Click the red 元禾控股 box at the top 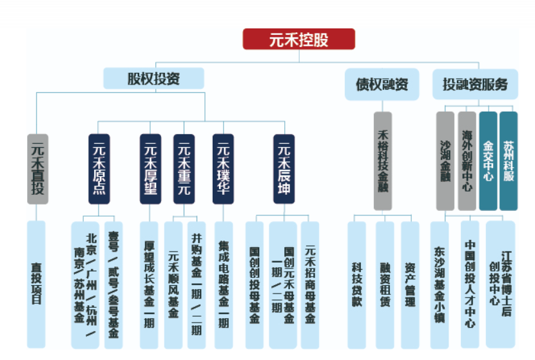(x=299, y=39)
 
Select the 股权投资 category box (x=154, y=78)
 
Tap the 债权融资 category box (x=382, y=84)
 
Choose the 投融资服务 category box (x=475, y=84)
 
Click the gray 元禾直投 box (x=37, y=169)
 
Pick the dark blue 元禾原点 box (x=99, y=169)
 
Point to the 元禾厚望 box (x=150, y=169)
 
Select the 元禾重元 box (x=184, y=169)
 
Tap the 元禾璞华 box (x=223, y=169)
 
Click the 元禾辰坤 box (x=284, y=169)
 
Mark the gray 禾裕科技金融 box (x=383, y=161)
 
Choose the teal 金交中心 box (x=488, y=161)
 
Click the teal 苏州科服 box (x=509, y=161)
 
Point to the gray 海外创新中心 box (x=467, y=161)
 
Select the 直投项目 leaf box (x=36, y=284)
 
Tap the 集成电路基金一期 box (x=224, y=285)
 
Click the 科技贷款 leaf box (x=357, y=285)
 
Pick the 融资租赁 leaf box (x=385, y=285)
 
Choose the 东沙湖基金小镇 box (x=440, y=285)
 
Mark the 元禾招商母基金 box (x=310, y=285)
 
